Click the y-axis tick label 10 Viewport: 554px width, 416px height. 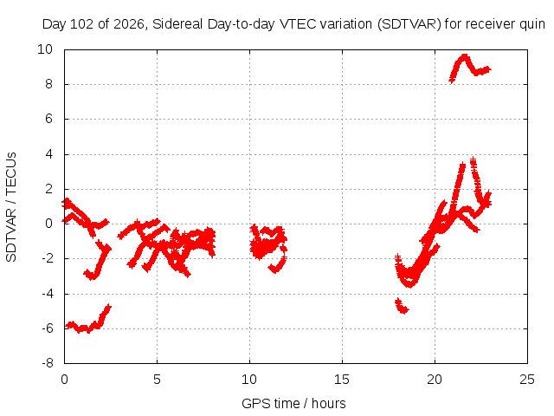(45, 49)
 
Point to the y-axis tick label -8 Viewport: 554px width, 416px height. (48, 363)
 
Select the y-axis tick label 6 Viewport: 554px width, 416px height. (48, 119)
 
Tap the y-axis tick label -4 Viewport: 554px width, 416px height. (48, 294)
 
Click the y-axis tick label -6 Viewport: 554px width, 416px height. (48, 328)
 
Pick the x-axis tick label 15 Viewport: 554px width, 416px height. (342, 380)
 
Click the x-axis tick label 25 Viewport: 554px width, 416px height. (527, 380)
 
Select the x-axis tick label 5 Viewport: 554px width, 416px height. (157, 380)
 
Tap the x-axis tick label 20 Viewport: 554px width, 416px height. (435, 380)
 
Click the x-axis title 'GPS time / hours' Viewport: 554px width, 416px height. (293, 404)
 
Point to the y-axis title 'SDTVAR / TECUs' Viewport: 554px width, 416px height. (11, 207)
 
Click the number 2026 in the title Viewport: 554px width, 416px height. (129, 24)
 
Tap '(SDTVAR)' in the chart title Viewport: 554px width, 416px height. (409, 24)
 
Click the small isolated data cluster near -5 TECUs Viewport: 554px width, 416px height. (402, 306)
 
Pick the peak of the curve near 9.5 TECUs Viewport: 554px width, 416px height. (464, 56)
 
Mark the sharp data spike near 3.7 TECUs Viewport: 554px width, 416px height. (473, 161)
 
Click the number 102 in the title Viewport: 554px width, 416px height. (81, 24)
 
